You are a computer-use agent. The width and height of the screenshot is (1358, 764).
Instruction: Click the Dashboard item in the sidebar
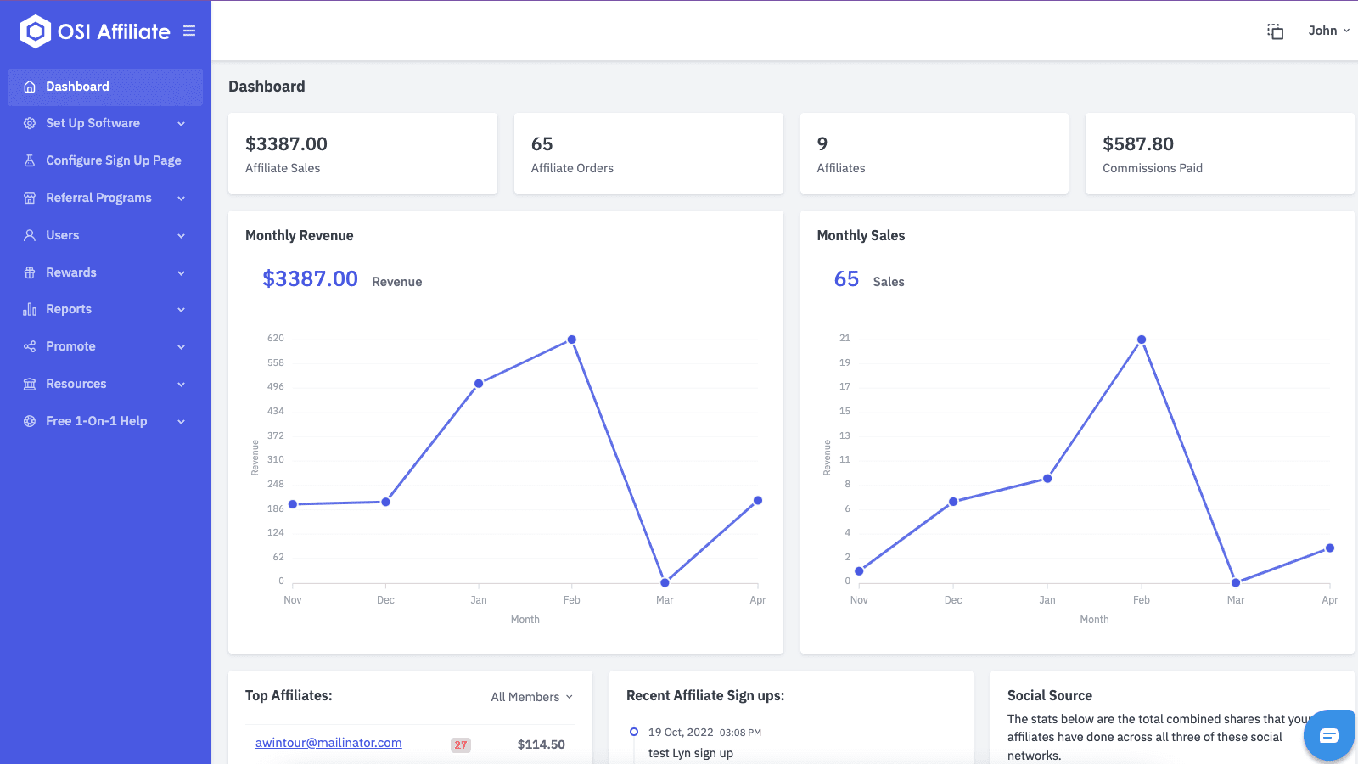(x=77, y=87)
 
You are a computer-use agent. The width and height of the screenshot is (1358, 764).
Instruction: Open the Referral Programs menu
(x=98, y=198)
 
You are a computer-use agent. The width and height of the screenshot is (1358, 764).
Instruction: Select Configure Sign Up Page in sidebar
(x=113, y=160)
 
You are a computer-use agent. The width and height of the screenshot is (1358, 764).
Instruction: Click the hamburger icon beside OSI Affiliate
(x=189, y=31)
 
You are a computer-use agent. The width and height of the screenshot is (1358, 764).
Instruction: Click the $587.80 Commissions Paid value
(x=1137, y=144)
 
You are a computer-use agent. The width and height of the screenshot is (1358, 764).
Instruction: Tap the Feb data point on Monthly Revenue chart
(x=572, y=340)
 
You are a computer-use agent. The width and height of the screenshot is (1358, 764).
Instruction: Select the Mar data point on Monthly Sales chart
(x=1236, y=583)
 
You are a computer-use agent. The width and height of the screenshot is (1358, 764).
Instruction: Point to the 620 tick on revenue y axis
(x=276, y=339)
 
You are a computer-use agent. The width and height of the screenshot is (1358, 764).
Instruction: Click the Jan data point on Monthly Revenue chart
(x=479, y=384)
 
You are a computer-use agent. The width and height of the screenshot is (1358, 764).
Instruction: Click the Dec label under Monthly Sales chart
(x=953, y=600)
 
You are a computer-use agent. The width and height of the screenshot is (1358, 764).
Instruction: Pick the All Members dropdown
(x=531, y=697)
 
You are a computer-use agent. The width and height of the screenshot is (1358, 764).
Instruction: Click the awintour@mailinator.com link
(x=328, y=743)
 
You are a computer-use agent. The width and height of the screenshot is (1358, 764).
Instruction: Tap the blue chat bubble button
(x=1329, y=735)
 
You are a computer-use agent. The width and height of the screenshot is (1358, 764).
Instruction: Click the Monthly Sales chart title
(x=861, y=236)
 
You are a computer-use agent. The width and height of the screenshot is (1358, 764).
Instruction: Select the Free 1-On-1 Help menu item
(x=96, y=421)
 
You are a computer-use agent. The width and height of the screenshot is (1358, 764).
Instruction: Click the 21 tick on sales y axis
(x=845, y=339)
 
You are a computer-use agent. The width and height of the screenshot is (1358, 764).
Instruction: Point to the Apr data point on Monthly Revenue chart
(x=758, y=501)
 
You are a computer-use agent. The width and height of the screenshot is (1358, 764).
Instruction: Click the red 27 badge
(x=460, y=745)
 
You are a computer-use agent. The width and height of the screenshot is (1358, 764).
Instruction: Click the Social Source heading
(x=1049, y=696)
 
